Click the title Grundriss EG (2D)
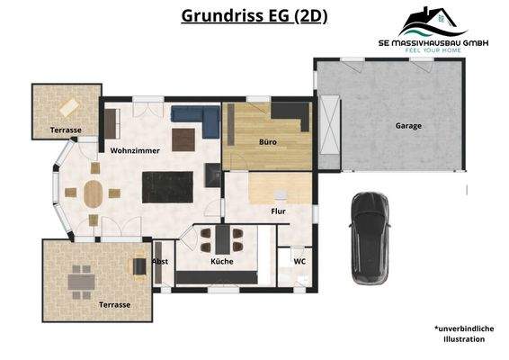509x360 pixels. point(254,15)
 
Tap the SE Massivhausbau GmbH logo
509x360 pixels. point(433,30)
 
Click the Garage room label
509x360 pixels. point(408,126)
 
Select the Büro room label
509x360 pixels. point(267,142)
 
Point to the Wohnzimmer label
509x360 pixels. point(135,150)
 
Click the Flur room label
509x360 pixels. point(278,212)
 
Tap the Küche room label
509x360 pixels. point(222,261)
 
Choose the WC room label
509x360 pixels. point(287,261)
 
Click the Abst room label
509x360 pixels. point(159,261)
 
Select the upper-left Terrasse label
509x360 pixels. point(66,130)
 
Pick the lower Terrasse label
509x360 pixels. point(114,305)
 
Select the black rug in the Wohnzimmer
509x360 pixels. point(169,188)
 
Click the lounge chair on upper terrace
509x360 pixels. point(65,107)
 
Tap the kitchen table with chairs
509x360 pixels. point(220,238)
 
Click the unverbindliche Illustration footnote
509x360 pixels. point(463,334)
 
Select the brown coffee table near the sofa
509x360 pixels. point(184,139)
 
